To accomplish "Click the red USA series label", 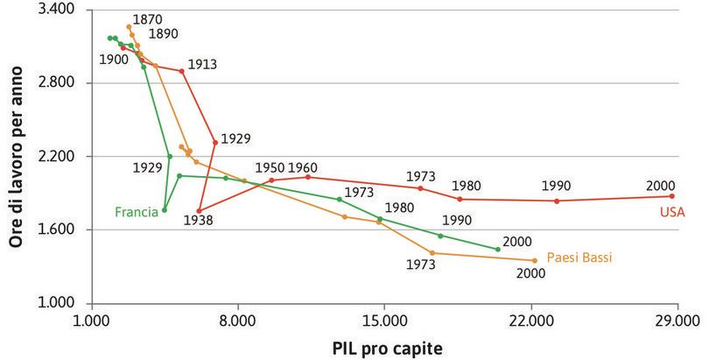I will [x=671, y=212].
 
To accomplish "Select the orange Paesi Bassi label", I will [x=579, y=258].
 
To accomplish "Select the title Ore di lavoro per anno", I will [x=17, y=156].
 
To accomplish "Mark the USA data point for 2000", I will [x=672, y=196].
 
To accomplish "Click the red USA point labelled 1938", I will [x=200, y=211].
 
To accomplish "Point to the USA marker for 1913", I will [x=182, y=71].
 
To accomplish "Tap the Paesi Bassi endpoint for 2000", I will [x=534, y=260].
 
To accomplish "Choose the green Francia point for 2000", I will [x=498, y=250].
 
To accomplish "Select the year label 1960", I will [x=302, y=167].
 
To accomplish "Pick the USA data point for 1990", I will [x=557, y=201].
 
